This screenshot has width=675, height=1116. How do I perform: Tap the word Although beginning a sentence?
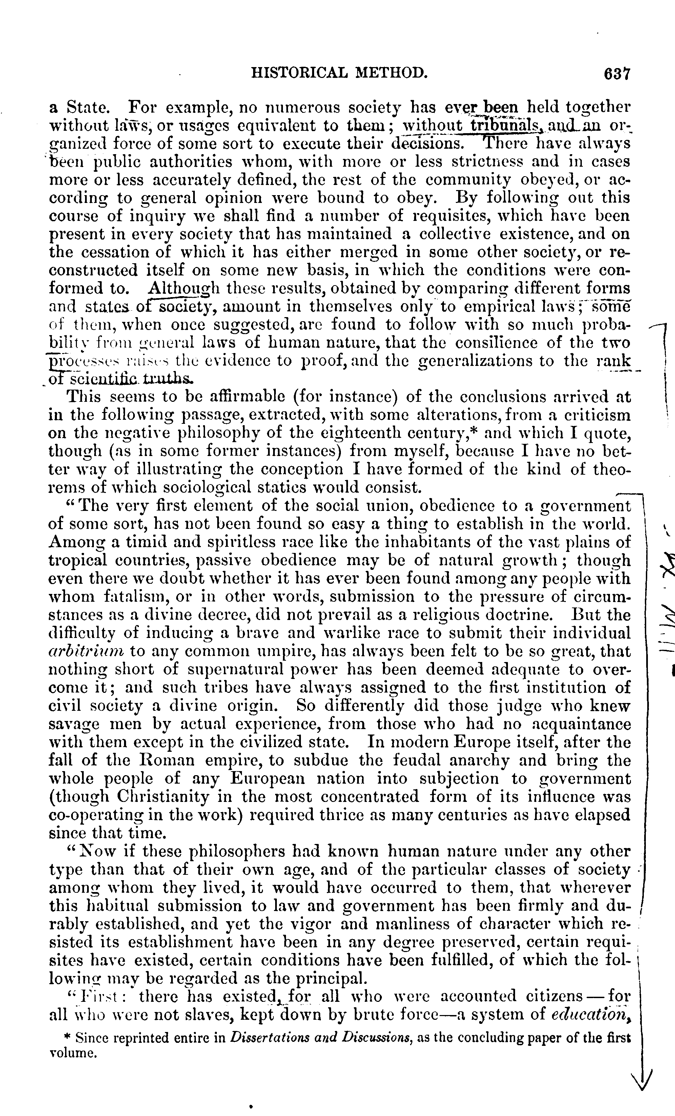coord(183,289)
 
